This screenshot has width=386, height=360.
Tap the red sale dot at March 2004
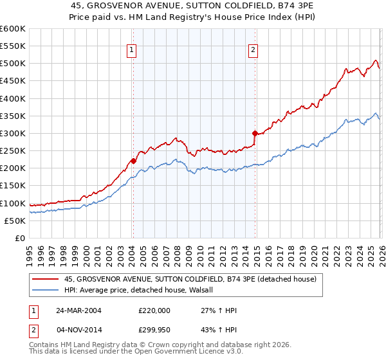(x=133, y=161)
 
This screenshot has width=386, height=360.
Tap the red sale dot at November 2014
(x=255, y=133)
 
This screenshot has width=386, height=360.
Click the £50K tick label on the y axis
(x=15, y=221)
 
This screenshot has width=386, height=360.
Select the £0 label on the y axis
(x=20, y=238)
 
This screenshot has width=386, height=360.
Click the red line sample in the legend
(x=46, y=280)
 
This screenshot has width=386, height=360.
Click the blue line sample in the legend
(x=46, y=290)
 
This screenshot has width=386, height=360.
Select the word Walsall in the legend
(x=207, y=290)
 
